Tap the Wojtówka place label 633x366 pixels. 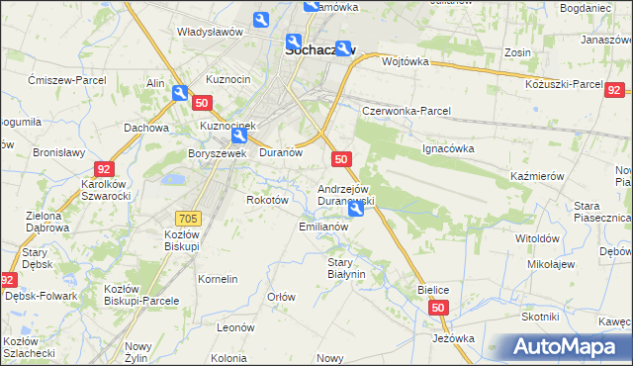click(x=404, y=61)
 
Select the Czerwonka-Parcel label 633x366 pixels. click(x=406, y=111)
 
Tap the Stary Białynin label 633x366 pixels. click(x=346, y=268)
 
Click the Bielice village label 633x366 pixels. click(x=433, y=290)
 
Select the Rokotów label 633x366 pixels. click(x=266, y=200)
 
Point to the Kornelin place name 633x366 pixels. click(x=218, y=280)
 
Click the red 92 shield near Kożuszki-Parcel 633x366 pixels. click(x=614, y=89)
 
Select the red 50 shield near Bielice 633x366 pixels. click(x=440, y=310)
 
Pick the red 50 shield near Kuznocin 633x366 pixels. click(x=202, y=103)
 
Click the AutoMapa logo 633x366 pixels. click(x=560, y=346)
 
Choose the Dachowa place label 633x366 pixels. click(x=147, y=128)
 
